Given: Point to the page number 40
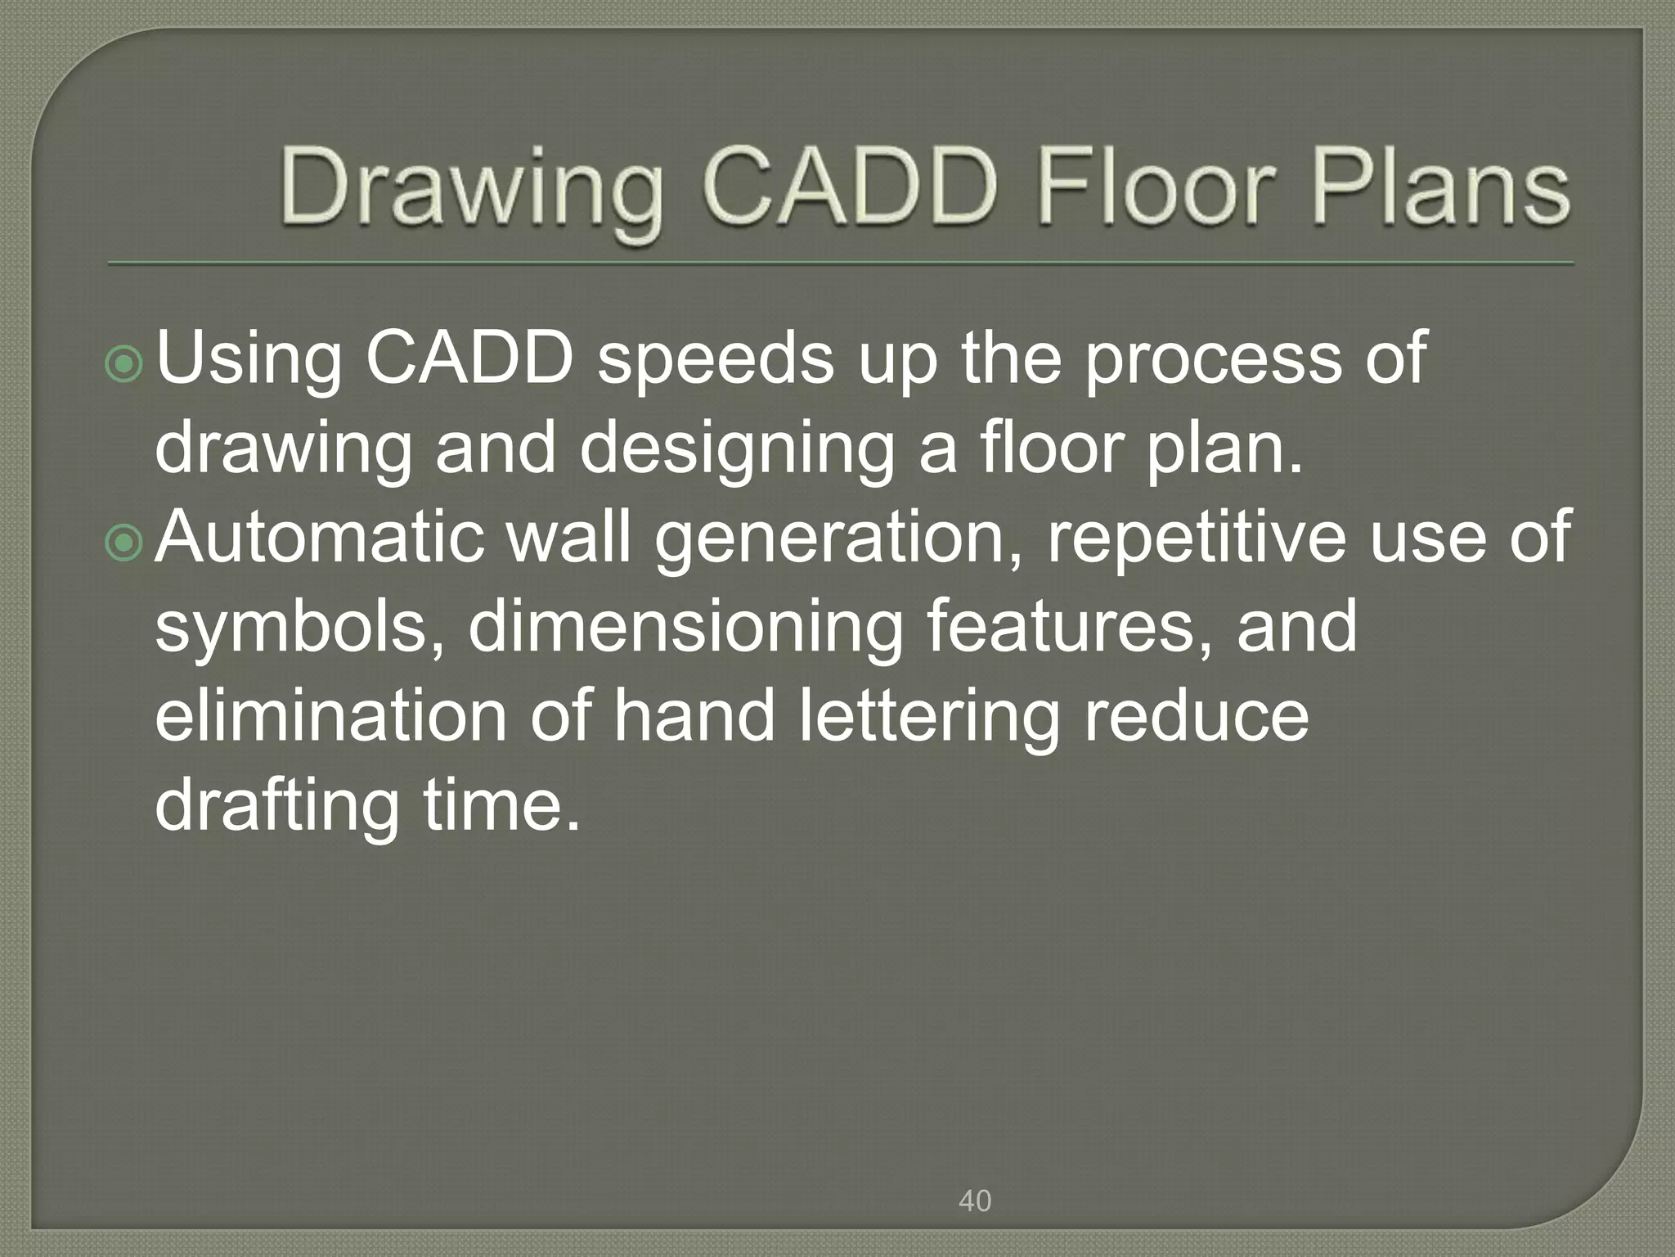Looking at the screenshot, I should tap(974, 1201).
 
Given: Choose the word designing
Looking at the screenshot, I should tap(736, 449).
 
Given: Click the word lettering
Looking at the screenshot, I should tap(928, 718).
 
